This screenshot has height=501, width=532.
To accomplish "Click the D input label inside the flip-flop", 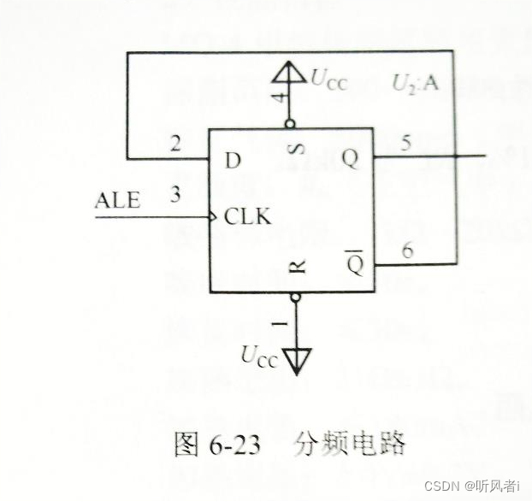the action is click(233, 160).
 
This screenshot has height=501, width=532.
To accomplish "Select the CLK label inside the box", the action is click(247, 217).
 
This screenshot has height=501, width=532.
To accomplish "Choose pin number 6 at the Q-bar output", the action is click(408, 250).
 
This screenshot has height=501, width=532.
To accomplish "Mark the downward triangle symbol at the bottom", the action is click(296, 362).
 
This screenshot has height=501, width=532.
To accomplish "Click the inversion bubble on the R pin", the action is click(296, 298).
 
